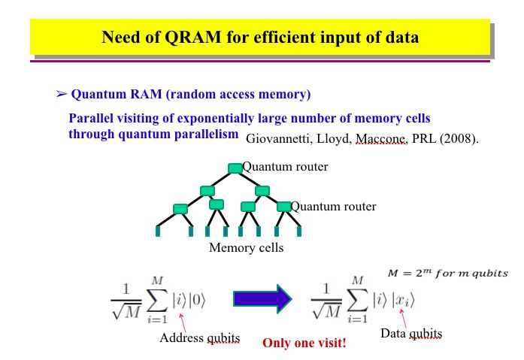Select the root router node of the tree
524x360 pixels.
coord(235,168)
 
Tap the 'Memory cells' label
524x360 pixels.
coord(246,248)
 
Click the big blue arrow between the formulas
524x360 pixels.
coord(262,298)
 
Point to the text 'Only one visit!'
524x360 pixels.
coord(304,343)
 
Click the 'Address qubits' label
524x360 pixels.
coord(199,338)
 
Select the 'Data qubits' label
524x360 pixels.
coord(411,333)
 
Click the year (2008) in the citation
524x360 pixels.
coord(460,139)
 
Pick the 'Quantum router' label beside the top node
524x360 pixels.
coord(285,167)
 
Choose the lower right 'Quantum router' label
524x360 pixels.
coord(333,207)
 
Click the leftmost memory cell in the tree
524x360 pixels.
coord(158,231)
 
